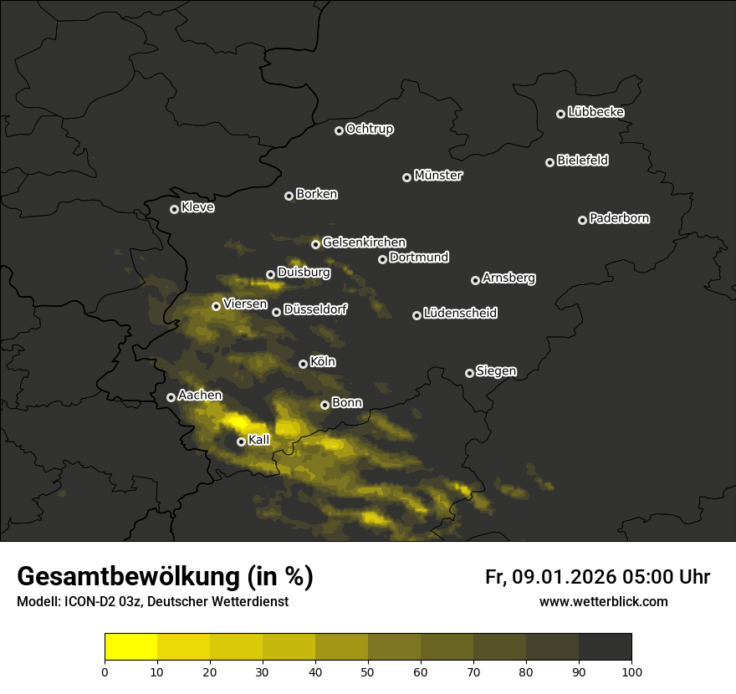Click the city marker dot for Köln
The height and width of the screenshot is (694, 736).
pyautogui.click(x=303, y=364)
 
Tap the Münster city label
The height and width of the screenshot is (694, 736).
pyautogui.click(x=437, y=176)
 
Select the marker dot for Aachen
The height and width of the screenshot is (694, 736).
pyautogui.click(x=171, y=397)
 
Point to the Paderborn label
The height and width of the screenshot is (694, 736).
pyautogui.click(x=619, y=218)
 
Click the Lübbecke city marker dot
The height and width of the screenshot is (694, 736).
pyautogui.click(x=560, y=114)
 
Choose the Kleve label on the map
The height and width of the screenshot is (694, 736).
pyautogui.click(x=197, y=207)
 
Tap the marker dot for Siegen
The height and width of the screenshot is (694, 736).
pyautogui.click(x=469, y=373)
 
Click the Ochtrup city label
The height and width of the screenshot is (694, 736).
pyautogui.click(x=369, y=129)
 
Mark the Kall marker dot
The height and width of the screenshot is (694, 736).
pyautogui.click(x=241, y=441)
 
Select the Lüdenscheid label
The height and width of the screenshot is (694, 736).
pyautogui.click(x=460, y=314)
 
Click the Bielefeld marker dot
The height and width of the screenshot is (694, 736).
pyautogui.click(x=549, y=162)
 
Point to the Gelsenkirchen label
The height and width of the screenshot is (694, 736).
pyautogui.click(x=364, y=242)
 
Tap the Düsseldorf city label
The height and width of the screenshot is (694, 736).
pyautogui.click(x=314, y=310)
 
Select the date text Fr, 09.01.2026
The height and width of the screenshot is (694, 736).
pyautogui.click(x=549, y=577)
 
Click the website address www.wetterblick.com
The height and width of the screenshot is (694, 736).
pyautogui.click(x=603, y=601)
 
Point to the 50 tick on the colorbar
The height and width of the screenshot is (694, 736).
pyautogui.click(x=368, y=671)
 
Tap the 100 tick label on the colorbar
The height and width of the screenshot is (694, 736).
pyautogui.click(x=631, y=671)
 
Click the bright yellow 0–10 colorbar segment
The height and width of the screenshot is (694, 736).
pyautogui.click(x=131, y=646)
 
